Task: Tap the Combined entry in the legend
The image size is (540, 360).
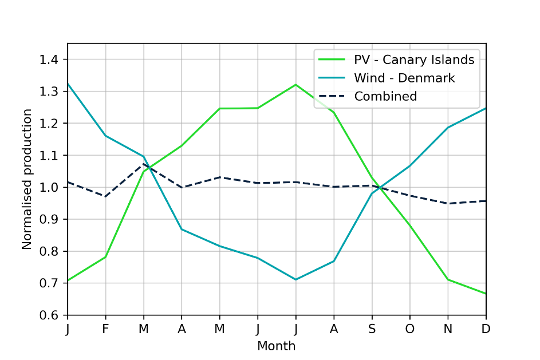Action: [385, 96]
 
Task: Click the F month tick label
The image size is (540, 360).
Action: [105, 329]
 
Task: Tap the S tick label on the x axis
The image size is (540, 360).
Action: [372, 329]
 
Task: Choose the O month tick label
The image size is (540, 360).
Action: [410, 329]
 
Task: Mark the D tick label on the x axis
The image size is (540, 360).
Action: [486, 329]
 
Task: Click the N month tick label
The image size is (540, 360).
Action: [448, 329]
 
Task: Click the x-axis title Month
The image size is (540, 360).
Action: [277, 346]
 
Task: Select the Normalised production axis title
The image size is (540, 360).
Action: [27, 179]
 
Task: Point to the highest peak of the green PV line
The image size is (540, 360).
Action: [296, 85]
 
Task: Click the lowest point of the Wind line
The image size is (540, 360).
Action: [296, 279]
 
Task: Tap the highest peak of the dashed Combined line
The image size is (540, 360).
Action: [144, 164]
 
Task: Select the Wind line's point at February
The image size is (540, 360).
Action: [105, 136]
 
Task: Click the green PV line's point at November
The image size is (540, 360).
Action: [448, 279]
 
